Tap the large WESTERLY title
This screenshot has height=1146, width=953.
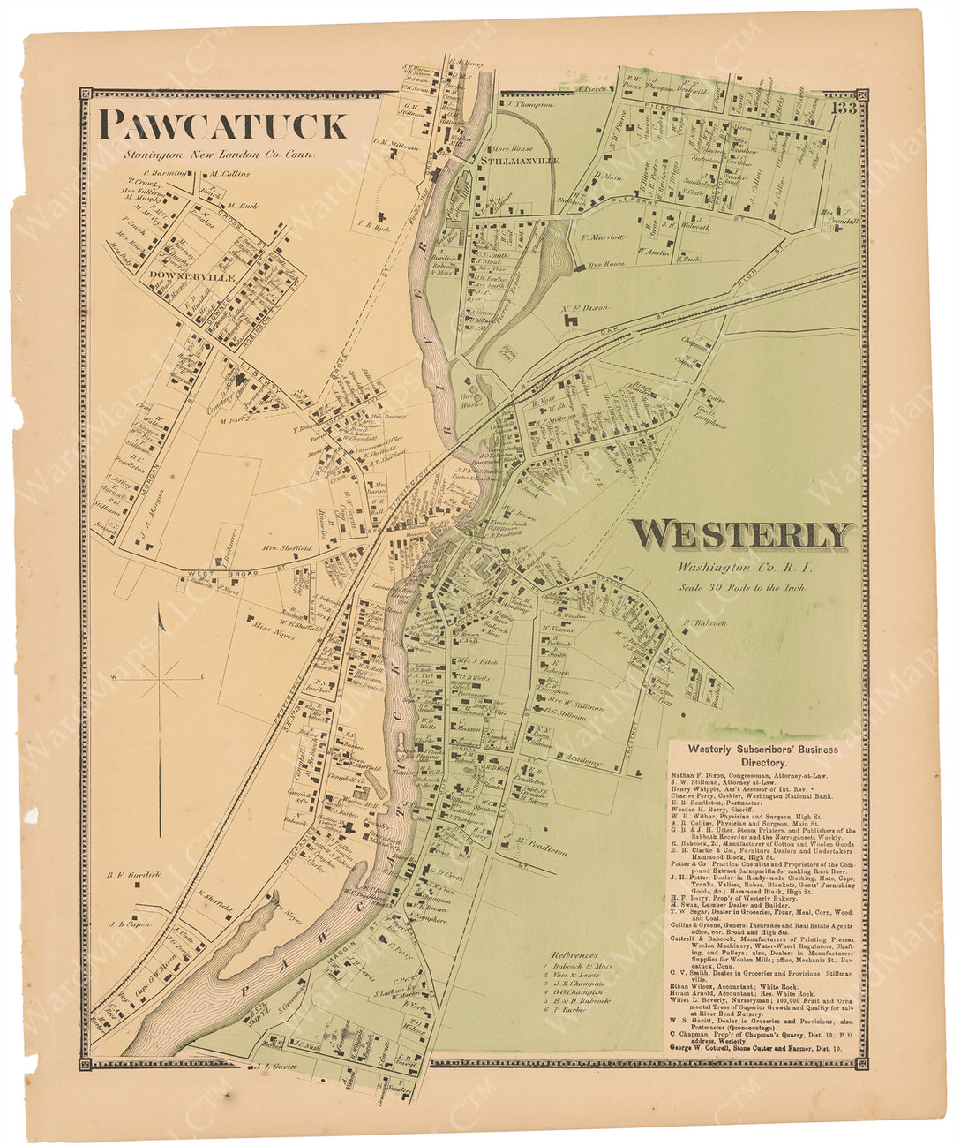[x=742, y=535]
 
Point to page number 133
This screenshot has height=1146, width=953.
[x=844, y=109]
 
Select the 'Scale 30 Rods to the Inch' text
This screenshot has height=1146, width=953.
[x=739, y=586]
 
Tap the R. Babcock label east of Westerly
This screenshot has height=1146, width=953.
[x=703, y=623]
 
